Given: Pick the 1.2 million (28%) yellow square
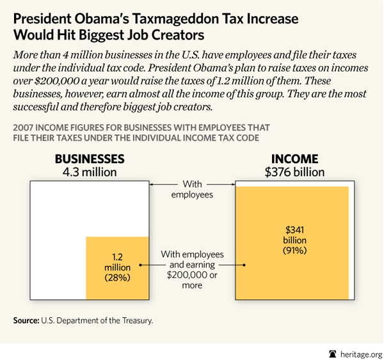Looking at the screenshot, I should coord(116,267).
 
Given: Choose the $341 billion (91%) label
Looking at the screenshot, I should coord(291,239).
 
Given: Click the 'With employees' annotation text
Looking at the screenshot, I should coord(192,189).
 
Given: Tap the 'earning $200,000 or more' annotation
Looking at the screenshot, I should coord(191,269).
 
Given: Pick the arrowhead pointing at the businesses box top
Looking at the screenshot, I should coord(152,184).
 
